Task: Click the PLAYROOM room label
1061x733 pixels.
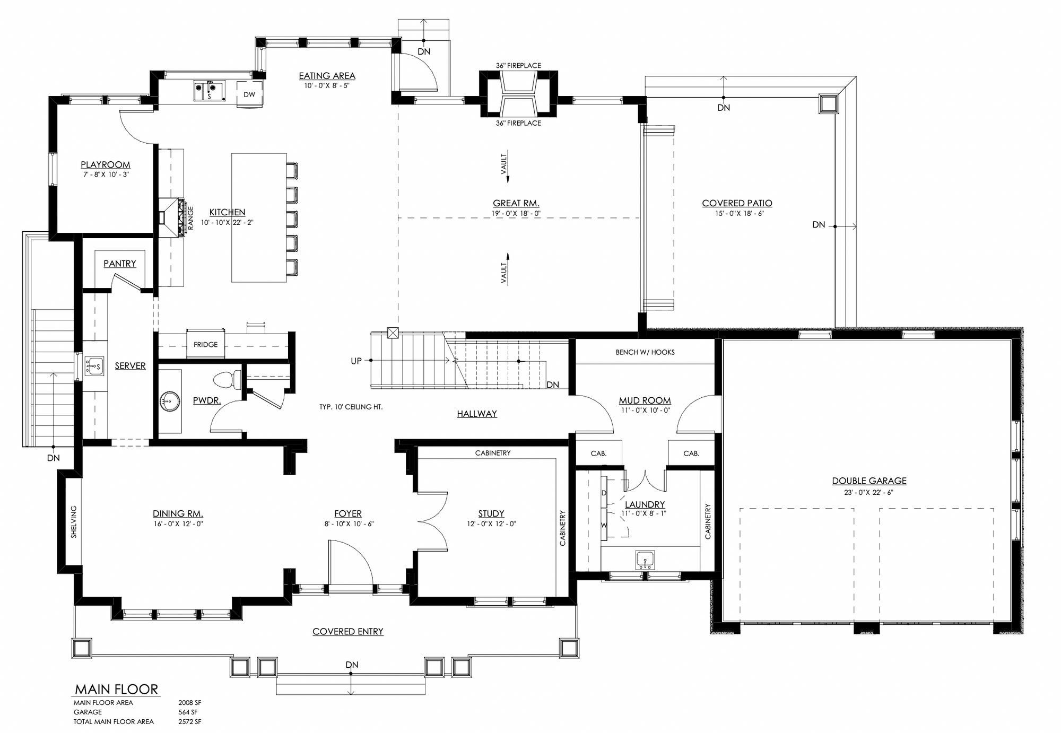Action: tap(105, 165)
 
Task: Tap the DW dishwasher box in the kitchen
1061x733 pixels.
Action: tap(249, 94)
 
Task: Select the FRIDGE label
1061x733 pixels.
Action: tap(205, 345)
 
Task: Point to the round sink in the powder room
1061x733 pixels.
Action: tap(170, 401)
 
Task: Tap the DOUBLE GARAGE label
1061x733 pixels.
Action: tap(869, 481)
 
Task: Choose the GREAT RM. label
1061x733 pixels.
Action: tap(516, 203)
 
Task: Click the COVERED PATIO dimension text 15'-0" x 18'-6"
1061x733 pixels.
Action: tap(739, 214)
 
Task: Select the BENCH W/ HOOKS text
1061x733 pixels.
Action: tap(645, 352)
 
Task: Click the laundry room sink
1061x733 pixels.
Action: tap(645, 560)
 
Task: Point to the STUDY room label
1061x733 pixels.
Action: tap(491, 513)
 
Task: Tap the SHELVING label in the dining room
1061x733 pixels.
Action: tap(74, 522)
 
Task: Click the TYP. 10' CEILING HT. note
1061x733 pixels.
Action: tap(351, 407)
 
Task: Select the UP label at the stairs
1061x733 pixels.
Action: tap(356, 361)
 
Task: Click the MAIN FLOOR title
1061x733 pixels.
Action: tap(116, 689)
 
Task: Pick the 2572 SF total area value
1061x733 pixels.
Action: tap(189, 721)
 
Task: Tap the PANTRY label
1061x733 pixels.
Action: tap(120, 264)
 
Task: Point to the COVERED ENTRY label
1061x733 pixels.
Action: tap(348, 631)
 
